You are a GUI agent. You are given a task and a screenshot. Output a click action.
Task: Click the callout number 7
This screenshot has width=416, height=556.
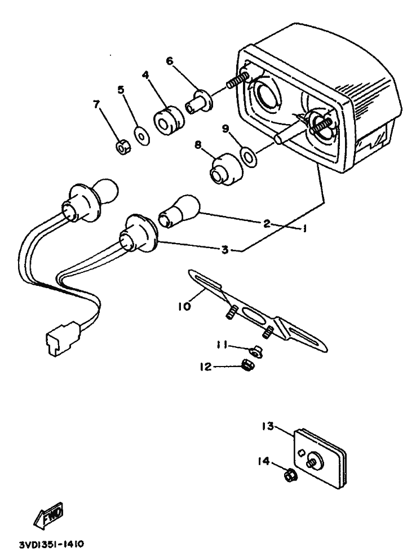coord(96,104)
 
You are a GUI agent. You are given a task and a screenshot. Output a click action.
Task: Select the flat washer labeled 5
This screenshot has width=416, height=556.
coord(141,135)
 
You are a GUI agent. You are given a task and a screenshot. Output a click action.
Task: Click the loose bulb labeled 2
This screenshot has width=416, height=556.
coord(180,211)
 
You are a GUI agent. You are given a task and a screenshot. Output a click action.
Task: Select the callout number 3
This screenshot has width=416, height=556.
coord(225,250)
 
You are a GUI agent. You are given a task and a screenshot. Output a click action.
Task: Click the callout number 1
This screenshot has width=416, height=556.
coord(304,229)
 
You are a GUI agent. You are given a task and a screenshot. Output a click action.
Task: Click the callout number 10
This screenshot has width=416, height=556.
coord(185,305)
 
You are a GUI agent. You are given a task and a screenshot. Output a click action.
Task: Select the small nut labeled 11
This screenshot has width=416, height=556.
coord(255,352)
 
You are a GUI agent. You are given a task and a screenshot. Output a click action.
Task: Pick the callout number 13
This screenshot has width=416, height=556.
coord(268,426)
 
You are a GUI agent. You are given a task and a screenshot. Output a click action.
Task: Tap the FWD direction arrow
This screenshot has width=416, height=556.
coord(48,514)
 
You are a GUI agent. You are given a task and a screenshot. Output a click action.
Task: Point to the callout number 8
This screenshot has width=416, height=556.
coord(198,145)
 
